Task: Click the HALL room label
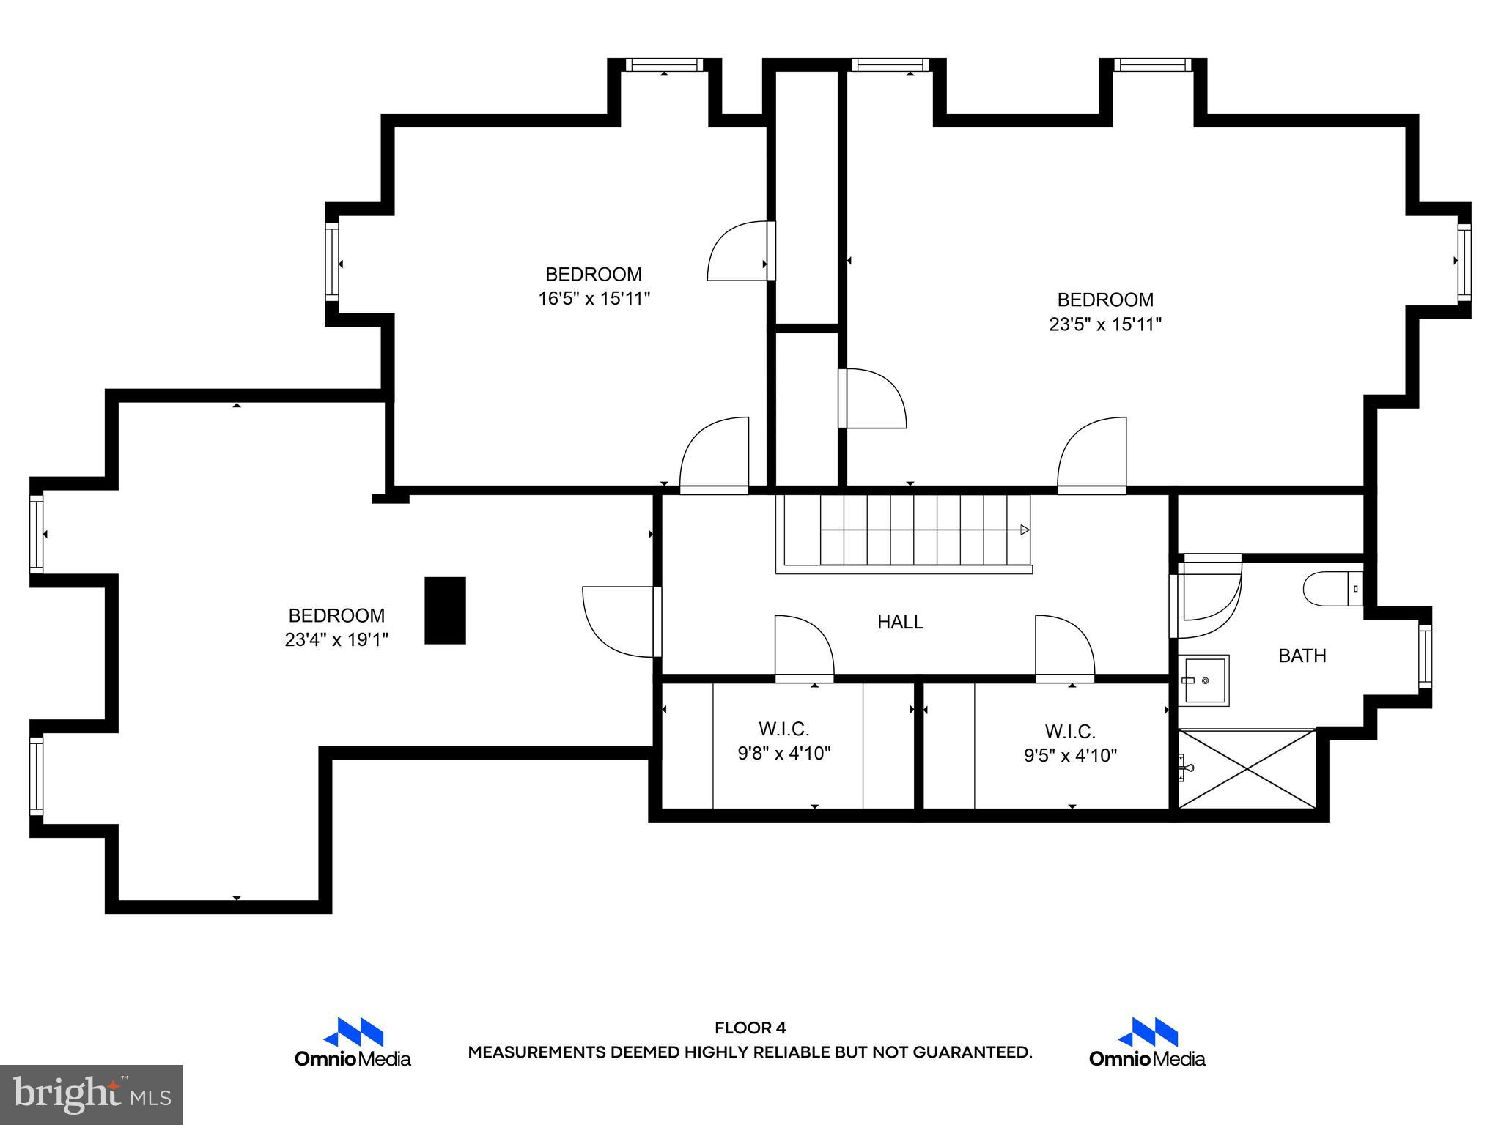coord(900,622)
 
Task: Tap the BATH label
coord(1302,656)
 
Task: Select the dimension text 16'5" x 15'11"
coord(594,299)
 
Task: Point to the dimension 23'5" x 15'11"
coord(1104,324)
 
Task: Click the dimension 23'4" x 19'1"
coord(336,640)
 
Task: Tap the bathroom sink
coord(1203,680)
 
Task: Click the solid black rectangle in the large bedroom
coord(445,610)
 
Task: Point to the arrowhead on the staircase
coord(1025,530)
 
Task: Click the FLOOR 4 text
coord(750,1028)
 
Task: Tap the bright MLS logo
coord(92,1094)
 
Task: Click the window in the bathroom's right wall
coord(1424,656)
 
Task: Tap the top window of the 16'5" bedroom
coord(664,65)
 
